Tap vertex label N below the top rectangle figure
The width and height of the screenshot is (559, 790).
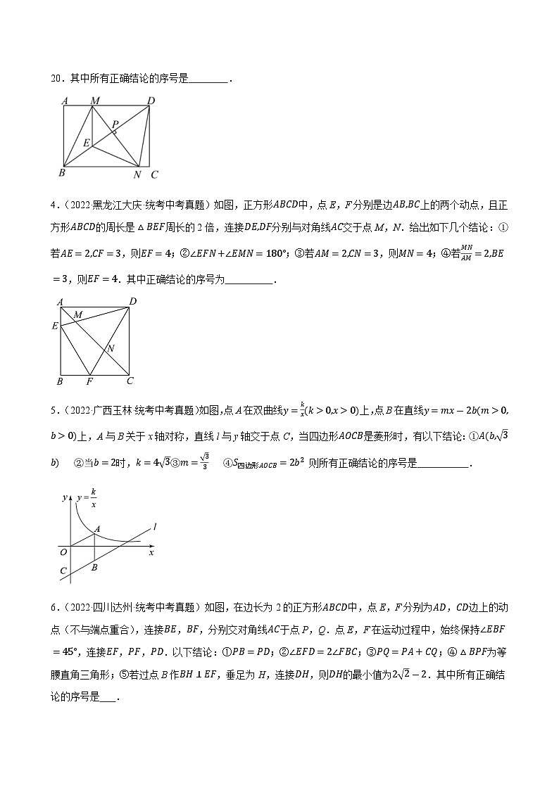(137, 174)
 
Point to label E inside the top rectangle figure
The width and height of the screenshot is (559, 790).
(86, 143)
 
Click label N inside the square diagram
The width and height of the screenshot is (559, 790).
(111, 348)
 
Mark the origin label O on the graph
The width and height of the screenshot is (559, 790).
(63, 552)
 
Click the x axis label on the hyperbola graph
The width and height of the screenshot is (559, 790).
(151, 553)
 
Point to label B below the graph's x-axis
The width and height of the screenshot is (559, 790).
(94, 567)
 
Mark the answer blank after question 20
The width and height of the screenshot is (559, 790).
(209, 79)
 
